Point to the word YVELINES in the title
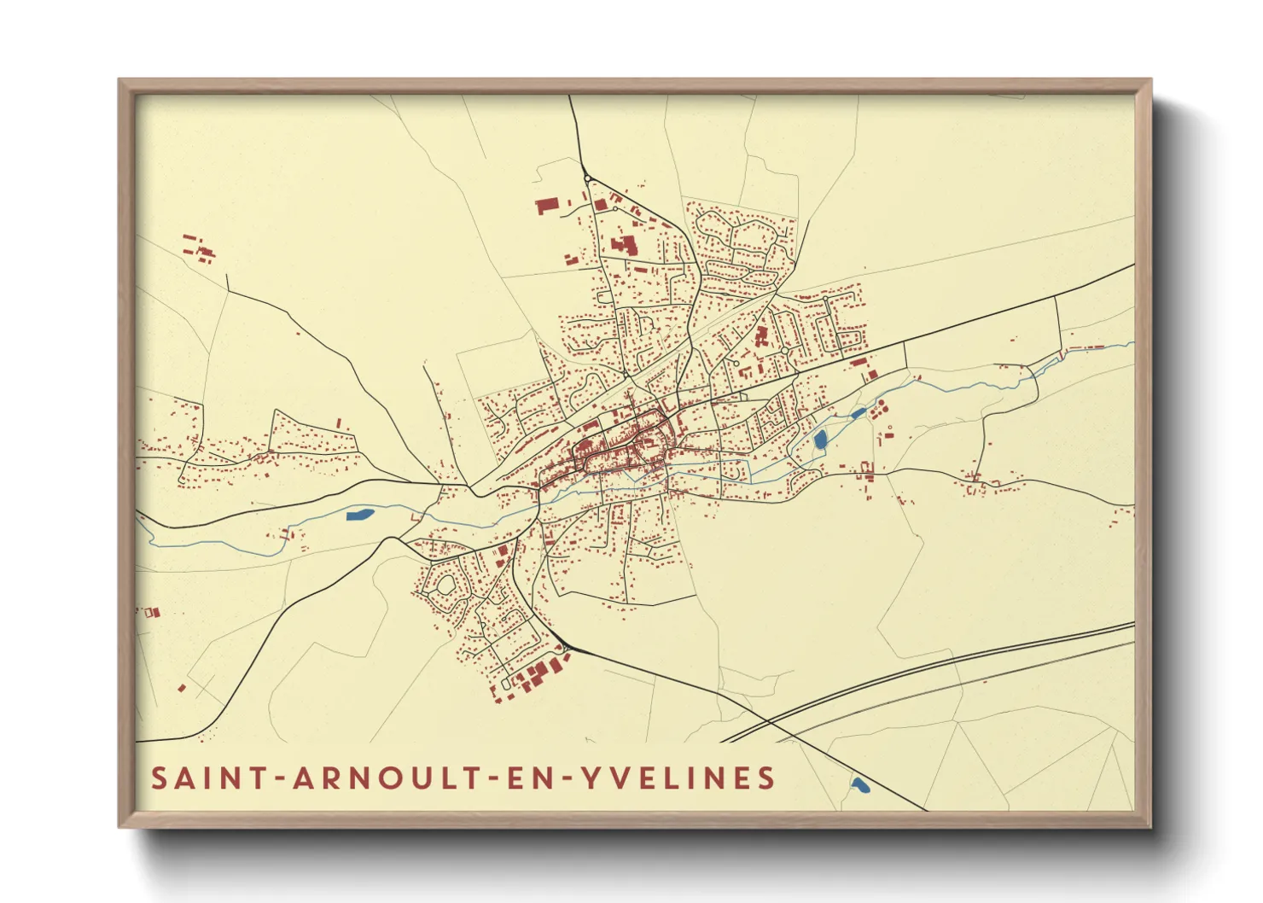point(678,778)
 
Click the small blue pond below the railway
point(859,784)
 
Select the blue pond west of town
point(359,514)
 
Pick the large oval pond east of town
point(820,440)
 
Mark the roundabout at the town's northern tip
point(587,178)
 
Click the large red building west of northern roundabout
point(546,206)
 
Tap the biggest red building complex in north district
point(624,246)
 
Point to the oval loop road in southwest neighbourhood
point(445,585)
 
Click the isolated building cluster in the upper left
point(198,248)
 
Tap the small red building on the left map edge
point(152,612)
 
